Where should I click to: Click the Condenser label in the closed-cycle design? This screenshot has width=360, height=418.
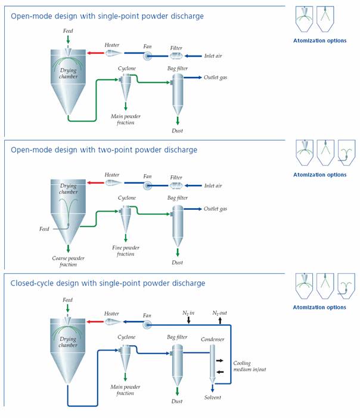[212, 339]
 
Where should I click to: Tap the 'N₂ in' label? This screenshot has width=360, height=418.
[188, 313]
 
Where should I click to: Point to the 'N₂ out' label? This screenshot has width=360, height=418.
[219, 313]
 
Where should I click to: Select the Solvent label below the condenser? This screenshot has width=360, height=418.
[213, 397]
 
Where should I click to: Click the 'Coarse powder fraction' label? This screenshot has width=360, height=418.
[68, 261]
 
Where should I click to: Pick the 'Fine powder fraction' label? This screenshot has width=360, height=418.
[126, 251]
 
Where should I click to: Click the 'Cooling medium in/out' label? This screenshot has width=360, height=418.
[249, 366]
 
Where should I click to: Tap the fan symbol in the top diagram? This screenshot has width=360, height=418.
[147, 56]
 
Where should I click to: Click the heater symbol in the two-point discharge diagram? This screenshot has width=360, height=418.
[113, 183]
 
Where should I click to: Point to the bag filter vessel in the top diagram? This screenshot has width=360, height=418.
[178, 95]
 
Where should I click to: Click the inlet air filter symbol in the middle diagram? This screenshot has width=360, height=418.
[176, 185]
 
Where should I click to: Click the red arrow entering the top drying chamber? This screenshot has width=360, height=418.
[95, 53]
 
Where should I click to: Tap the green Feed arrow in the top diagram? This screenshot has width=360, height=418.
[68, 39]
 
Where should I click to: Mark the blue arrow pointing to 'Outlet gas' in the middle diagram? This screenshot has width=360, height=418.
[193, 209]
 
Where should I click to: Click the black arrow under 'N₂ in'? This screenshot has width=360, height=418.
[189, 320]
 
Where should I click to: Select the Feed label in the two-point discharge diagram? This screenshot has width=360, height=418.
[44, 229]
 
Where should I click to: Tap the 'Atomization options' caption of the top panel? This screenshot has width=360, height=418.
[319, 41]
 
